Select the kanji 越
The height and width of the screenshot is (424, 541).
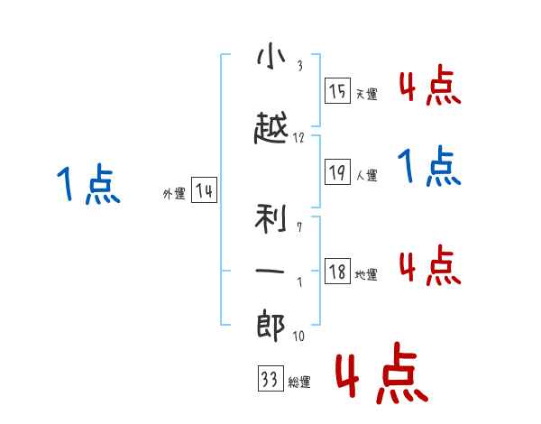[271, 127]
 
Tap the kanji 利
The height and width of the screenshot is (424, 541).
[270, 218]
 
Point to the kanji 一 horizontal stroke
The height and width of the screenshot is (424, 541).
[270, 272]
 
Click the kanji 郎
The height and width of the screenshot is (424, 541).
[270, 326]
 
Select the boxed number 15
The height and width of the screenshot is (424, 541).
[337, 91]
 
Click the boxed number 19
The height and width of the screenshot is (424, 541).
[337, 171]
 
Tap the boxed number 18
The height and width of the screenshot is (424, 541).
[337, 271]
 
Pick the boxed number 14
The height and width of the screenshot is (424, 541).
[204, 190]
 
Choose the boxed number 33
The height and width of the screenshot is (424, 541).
[270, 378]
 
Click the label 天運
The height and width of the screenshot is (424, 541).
[367, 94]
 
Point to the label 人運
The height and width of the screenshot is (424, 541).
[367, 175]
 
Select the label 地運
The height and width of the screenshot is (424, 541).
[366, 274]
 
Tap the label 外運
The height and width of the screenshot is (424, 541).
[174, 194]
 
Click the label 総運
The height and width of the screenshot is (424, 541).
[299, 382]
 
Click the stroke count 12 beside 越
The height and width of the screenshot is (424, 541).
[298, 138]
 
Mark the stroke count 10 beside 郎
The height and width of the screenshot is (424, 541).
[298, 336]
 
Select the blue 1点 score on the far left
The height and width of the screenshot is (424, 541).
[88, 184]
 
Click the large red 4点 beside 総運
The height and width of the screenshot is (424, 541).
[381, 373]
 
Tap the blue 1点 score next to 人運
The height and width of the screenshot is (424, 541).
[429, 166]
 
